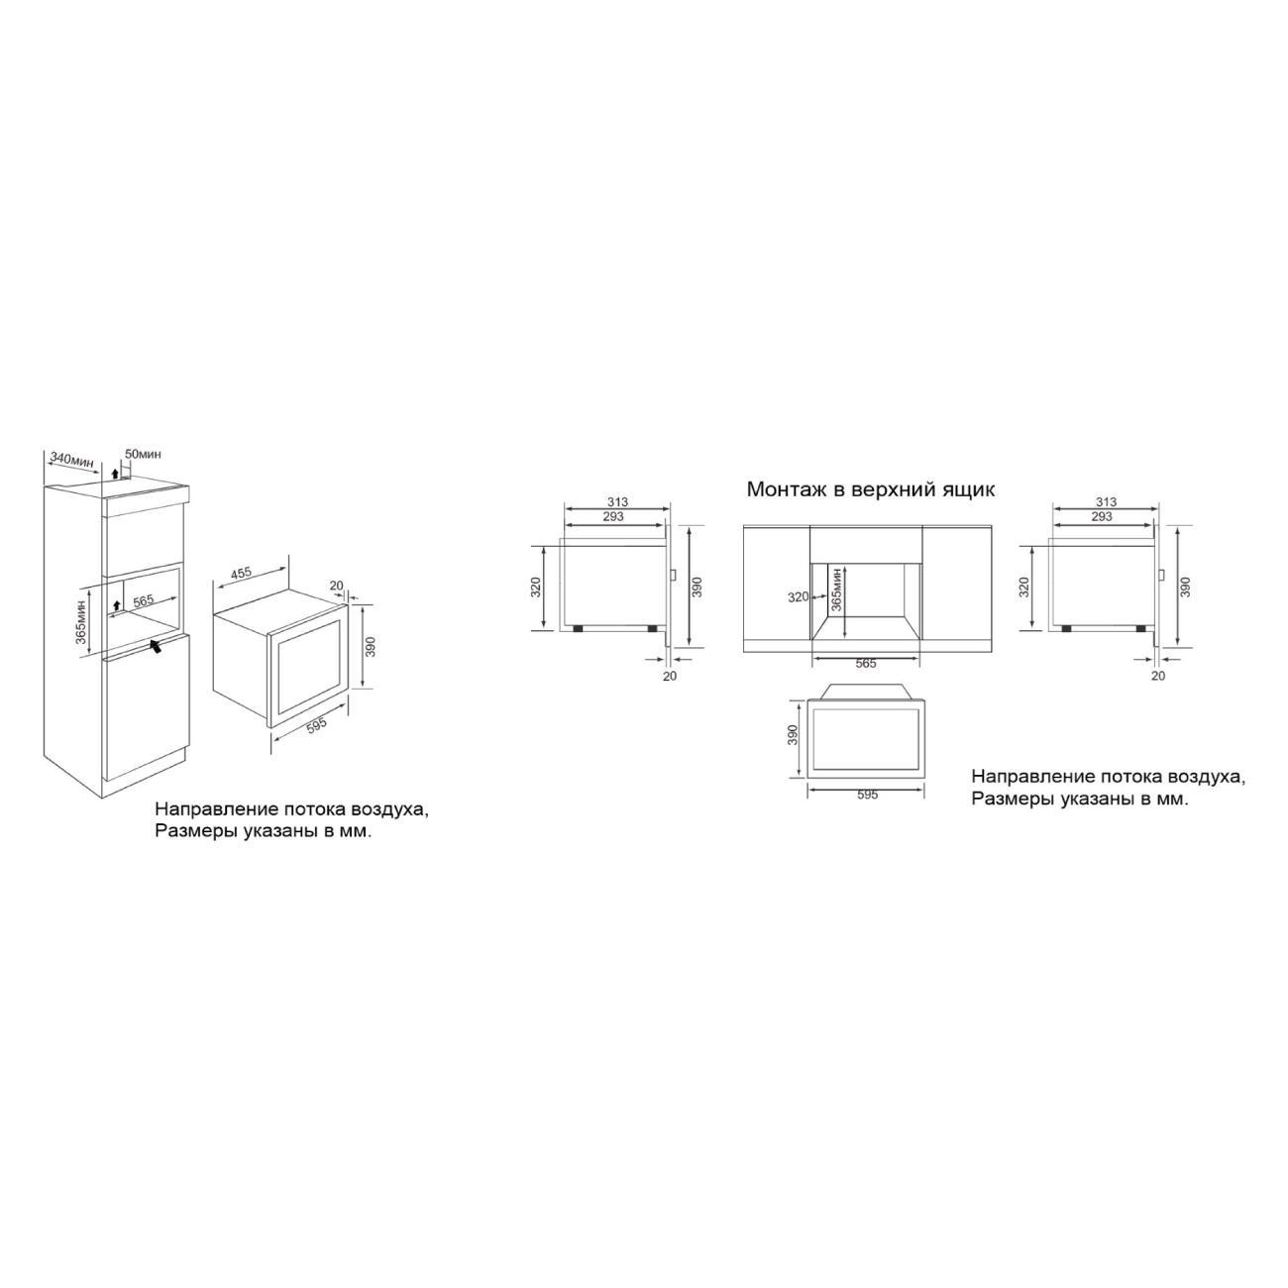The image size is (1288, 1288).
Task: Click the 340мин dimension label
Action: point(71,460)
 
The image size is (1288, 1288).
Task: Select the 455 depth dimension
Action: point(241,572)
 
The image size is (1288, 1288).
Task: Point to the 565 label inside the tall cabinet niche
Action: point(144,600)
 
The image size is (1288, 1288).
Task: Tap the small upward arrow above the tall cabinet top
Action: point(116,474)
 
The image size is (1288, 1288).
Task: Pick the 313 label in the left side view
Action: point(617,502)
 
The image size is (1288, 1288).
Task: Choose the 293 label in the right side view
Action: point(1101,516)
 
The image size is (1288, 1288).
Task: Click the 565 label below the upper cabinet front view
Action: point(866,663)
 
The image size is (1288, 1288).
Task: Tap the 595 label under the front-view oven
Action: point(866,795)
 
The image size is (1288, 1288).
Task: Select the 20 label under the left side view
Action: point(670,676)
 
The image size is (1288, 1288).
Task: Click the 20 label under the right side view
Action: point(1158,676)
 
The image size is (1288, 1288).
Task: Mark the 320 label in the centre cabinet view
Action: point(799,596)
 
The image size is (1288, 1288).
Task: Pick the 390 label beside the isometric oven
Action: point(371,646)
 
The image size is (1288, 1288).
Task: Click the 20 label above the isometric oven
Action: point(336,586)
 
